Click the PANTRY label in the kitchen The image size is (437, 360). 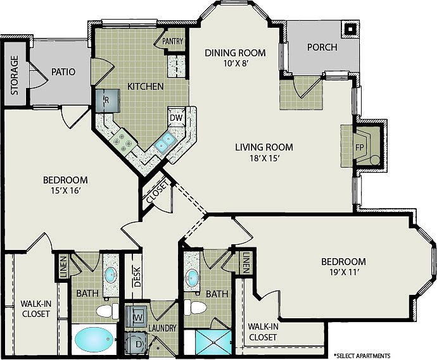click(172, 41)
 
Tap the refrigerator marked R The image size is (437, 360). click(108, 101)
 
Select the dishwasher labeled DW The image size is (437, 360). click(176, 118)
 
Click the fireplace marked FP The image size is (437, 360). click(365, 147)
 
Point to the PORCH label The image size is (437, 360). click(322, 47)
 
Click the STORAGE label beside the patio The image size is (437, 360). click(15, 75)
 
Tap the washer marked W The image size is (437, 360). click(136, 316)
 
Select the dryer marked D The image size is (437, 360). click(136, 344)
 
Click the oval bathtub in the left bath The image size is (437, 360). click(95, 339)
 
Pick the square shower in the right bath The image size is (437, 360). click(213, 342)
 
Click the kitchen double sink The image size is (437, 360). click(165, 142)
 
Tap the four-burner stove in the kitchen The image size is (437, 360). click(122, 141)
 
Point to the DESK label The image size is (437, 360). click(137, 276)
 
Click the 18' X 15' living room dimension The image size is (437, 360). click(265, 158)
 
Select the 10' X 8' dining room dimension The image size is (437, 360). click(236, 63)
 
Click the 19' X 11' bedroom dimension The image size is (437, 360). click(343, 272)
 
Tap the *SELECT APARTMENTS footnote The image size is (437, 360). click(362, 356)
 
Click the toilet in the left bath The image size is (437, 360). click(107, 311)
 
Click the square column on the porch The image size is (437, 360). click(350, 28)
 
